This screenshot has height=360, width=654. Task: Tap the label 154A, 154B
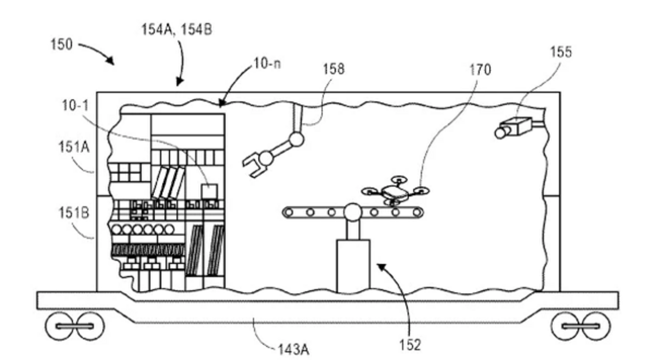[176, 29]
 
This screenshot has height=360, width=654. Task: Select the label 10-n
[267, 65]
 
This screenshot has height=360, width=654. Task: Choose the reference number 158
[334, 69]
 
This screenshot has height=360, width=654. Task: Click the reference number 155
[560, 52]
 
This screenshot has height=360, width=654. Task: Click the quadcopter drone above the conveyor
[395, 191]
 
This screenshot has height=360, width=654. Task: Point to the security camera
[515, 126]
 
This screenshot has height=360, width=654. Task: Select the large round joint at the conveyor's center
[352, 211]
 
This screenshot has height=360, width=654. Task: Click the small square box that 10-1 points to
[209, 191]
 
